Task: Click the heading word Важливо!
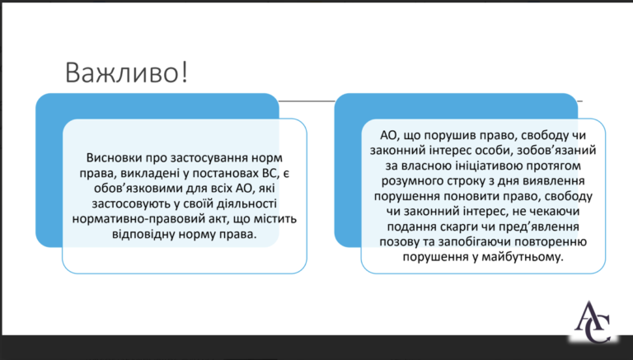(x=126, y=72)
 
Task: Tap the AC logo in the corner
(x=593, y=321)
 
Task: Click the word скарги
(x=455, y=227)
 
